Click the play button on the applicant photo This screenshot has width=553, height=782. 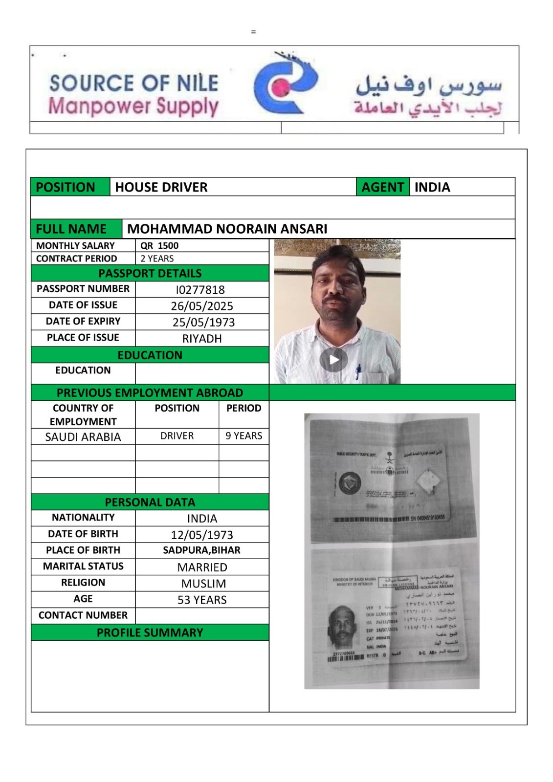pyautogui.click(x=333, y=360)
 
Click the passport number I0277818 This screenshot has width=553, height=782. pyautogui.click(x=200, y=290)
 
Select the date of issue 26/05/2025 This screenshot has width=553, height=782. pyautogui.click(x=202, y=306)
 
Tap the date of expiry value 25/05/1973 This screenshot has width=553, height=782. pyautogui.click(x=203, y=323)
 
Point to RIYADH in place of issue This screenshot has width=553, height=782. pyautogui.click(x=202, y=339)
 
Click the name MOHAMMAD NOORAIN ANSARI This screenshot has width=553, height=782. pyautogui.click(x=227, y=229)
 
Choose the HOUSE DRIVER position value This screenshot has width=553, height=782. pyautogui.click(x=161, y=187)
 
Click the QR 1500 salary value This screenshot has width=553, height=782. pyautogui.click(x=159, y=245)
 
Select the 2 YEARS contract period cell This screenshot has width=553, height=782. pyautogui.click(x=157, y=259)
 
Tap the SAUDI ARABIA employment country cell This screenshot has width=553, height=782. pyautogui.click(x=83, y=437)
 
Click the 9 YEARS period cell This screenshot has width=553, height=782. pyautogui.click(x=243, y=436)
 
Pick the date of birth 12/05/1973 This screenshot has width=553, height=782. pyautogui.click(x=202, y=535)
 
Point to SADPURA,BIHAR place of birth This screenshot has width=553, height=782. pyautogui.click(x=201, y=550)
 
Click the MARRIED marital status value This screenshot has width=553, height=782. pyautogui.click(x=202, y=567)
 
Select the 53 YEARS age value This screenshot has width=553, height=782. pyautogui.click(x=202, y=600)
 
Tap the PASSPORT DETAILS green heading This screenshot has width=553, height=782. pyautogui.click(x=150, y=273)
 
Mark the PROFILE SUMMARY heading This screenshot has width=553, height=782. pyautogui.click(x=150, y=632)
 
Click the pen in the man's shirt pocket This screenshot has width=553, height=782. pyautogui.click(x=358, y=371)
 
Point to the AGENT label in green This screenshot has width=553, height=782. pyautogui.click(x=382, y=187)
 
